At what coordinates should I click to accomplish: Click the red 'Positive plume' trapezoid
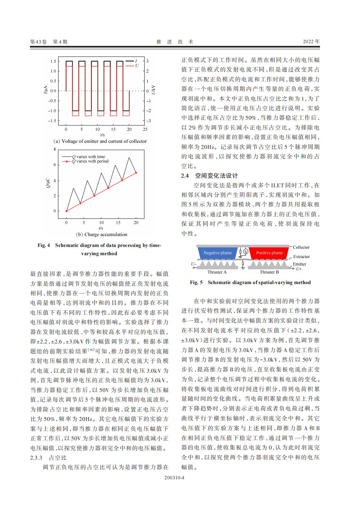coord(269,253)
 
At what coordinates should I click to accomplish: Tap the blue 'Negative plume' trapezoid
coord(217,253)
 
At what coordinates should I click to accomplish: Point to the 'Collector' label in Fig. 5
coord(301,247)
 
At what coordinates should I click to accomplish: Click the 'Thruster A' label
coord(217,272)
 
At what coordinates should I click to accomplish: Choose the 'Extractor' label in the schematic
coord(301,256)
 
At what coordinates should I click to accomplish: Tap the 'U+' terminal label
coord(298,269)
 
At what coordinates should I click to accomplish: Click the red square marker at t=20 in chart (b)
coord(136,173)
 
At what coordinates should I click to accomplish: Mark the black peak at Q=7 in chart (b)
coord(129,157)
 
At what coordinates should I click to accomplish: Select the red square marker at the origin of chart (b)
coord(66,211)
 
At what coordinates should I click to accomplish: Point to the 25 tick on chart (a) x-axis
coord(145,130)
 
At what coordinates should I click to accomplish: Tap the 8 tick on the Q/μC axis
coord(55,149)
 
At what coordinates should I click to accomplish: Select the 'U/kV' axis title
coord(153,91)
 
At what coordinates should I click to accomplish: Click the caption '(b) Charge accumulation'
coord(101,235)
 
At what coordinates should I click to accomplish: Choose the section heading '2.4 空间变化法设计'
coord(209,176)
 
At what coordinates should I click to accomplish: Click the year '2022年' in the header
coord(311,42)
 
